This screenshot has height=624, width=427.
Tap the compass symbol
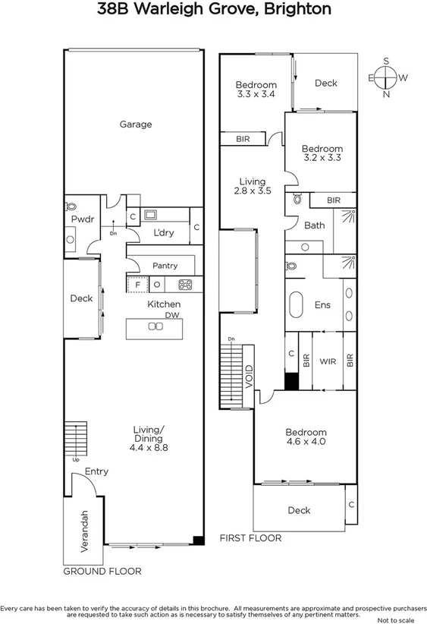(386, 77)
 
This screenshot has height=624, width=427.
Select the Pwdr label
(82, 219)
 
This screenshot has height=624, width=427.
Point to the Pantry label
(165, 266)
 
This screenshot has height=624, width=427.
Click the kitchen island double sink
(155, 326)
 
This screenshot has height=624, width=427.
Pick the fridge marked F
(137, 285)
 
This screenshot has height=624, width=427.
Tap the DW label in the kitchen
(173, 314)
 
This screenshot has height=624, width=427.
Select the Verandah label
(85, 530)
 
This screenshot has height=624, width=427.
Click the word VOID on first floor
(249, 378)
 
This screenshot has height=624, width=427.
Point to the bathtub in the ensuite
(297, 305)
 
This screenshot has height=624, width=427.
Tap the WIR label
(328, 362)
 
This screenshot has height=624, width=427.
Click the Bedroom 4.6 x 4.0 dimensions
(306, 441)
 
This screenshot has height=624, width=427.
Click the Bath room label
(314, 225)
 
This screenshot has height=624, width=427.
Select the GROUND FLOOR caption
(102, 571)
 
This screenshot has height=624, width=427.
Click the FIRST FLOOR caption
(250, 537)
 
